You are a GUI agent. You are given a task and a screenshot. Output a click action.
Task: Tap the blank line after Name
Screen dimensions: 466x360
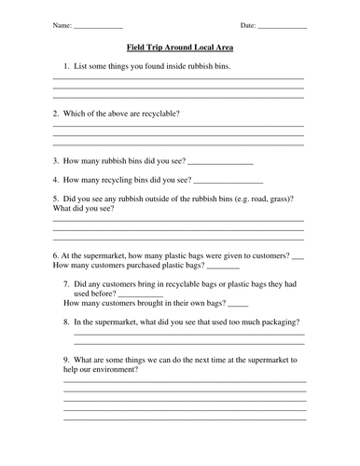(x=97, y=26)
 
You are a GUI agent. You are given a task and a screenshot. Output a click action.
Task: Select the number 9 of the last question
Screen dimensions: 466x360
(x=66, y=358)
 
